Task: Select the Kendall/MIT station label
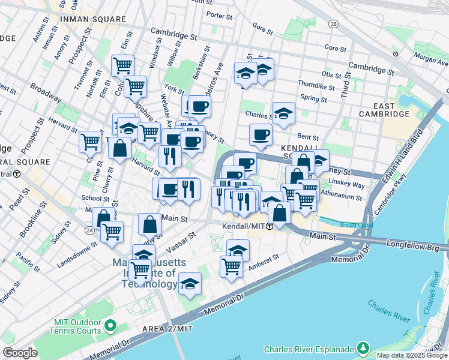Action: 243,226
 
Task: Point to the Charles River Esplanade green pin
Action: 363,348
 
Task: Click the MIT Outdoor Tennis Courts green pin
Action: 110,326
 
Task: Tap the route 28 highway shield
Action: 333,23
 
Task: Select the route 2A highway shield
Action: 89,229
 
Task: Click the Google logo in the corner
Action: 20,353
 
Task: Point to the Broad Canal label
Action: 356,225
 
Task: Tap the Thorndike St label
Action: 315,86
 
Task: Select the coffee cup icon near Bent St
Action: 260,134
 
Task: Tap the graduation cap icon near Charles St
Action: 283,112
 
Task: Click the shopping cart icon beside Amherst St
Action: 231,266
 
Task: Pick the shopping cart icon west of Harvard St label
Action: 91,142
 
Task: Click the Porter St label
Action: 219,14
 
